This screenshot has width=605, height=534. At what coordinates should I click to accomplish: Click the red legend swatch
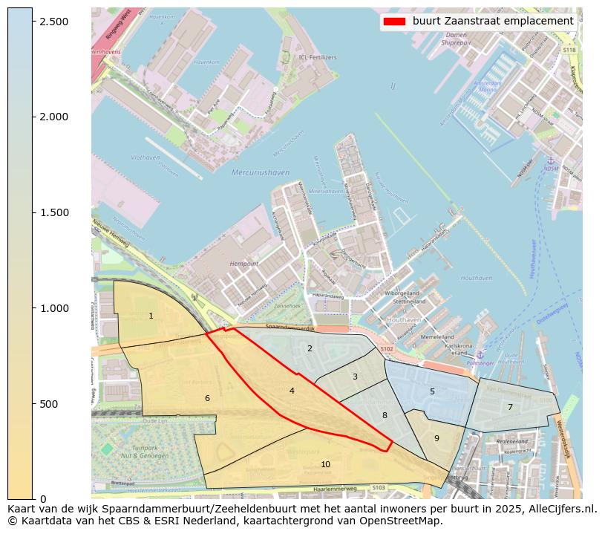393,22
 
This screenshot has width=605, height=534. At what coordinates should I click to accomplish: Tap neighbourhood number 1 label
151,316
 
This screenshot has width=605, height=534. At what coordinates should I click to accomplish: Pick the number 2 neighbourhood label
310,348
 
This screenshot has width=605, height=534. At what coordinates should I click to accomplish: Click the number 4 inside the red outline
292,391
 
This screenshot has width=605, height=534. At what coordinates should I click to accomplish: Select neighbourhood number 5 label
432,391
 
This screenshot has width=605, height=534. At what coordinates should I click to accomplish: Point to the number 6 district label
207,399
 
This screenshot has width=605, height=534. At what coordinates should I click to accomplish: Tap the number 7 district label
510,407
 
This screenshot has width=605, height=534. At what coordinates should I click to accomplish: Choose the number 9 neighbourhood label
436,438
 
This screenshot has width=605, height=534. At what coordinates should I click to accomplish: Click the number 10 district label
325,464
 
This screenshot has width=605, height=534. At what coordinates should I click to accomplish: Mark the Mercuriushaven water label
261,172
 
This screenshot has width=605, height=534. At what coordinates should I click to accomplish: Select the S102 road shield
387,348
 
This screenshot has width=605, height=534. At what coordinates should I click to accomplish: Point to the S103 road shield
379,488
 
